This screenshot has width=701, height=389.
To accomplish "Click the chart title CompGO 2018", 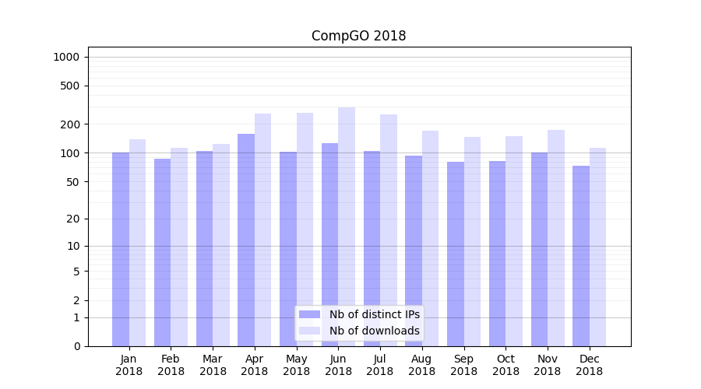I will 358,36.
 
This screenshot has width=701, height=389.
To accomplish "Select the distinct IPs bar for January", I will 121,249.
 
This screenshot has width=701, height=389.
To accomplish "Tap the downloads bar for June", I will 347,226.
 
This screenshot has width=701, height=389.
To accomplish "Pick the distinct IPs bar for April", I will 246,240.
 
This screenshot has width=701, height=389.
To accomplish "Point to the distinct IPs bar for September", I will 456,254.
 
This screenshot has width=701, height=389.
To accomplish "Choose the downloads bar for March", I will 221,245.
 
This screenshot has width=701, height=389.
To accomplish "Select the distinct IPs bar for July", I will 372,248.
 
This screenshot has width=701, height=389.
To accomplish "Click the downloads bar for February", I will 179,247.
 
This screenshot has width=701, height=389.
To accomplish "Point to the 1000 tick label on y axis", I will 66,57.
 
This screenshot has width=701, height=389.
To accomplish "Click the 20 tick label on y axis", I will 73,219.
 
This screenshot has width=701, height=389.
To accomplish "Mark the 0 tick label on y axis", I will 76,346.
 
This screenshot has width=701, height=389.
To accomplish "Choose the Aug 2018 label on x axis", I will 421,365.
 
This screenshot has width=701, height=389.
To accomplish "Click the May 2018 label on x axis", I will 296,365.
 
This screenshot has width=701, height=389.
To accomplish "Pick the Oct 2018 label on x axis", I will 505,365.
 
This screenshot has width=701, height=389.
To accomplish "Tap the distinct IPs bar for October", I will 497,253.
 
